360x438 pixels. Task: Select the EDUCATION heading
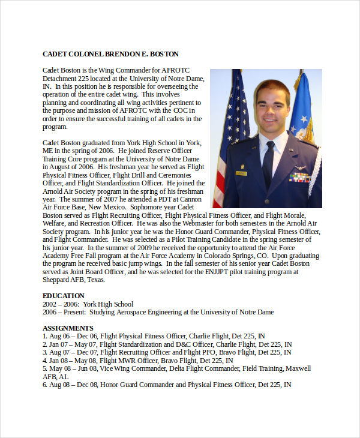coord(64,296)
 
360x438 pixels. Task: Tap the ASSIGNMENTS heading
coord(68,328)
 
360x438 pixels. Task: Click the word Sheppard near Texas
coord(56,280)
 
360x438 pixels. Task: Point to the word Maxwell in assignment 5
coord(298,368)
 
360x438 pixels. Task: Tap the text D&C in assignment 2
coord(185,344)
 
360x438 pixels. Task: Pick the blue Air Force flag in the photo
coord(303,111)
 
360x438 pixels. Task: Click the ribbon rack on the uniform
coord(299,178)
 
